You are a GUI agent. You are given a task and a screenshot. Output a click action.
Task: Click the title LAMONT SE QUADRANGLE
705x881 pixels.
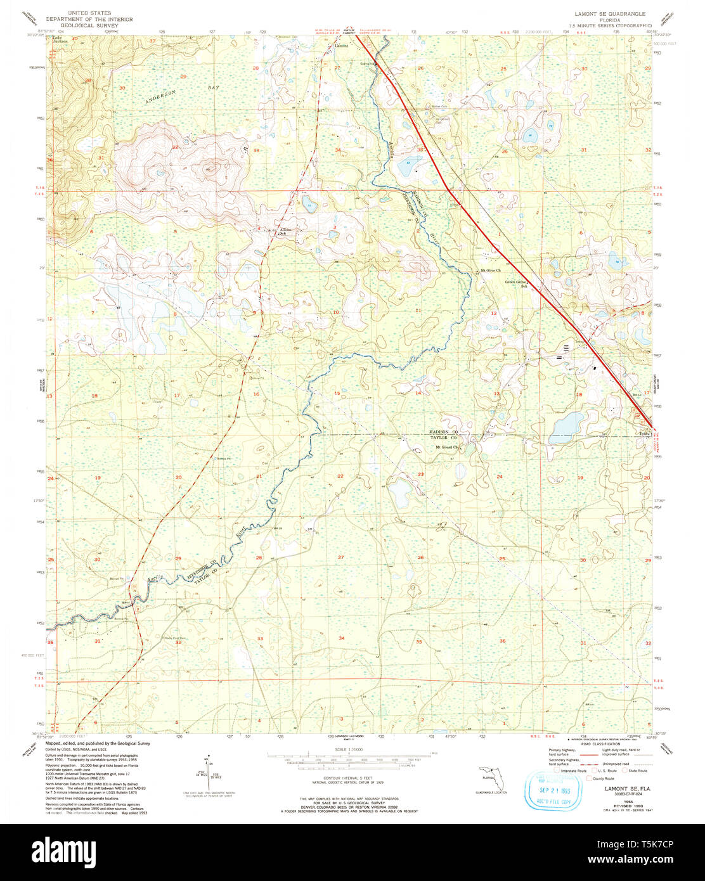[601, 13]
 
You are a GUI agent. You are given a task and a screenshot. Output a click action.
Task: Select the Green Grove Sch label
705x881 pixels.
[517, 283]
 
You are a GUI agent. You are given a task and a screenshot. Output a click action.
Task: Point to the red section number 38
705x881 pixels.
[88, 80]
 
